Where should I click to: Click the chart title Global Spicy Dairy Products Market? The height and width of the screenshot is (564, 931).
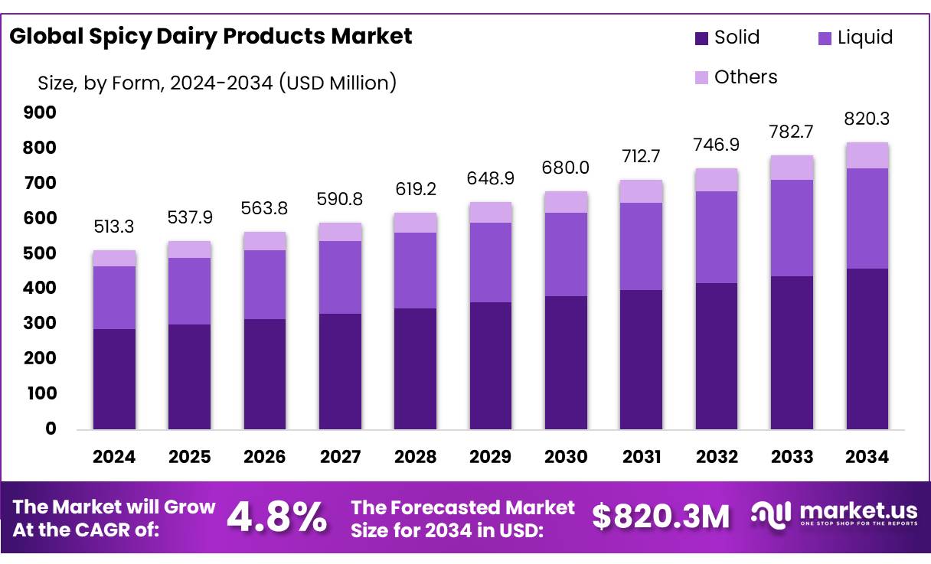(211, 37)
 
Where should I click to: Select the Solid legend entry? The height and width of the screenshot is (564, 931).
(727, 37)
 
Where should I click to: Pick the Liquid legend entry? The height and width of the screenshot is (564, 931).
(854, 37)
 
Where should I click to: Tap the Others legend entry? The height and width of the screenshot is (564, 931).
(735, 77)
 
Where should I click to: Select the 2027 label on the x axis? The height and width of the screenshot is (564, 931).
(340, 458)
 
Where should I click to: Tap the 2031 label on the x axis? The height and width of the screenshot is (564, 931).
(642, 458)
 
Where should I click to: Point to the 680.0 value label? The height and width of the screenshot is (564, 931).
(566, 167)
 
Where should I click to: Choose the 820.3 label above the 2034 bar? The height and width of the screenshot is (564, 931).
(867, 119)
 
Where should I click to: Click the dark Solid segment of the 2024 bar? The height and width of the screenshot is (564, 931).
(114, 379)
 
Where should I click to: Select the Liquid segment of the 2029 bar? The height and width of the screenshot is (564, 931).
(491, 262)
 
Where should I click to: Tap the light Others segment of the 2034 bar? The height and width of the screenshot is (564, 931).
(867, 155)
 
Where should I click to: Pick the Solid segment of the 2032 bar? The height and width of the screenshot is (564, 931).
(717, 356)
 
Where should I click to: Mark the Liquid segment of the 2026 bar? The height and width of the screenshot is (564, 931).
(264, 285)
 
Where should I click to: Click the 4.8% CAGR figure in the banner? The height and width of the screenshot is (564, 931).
(277, 518)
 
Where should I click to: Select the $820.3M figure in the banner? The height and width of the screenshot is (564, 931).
(661, 518)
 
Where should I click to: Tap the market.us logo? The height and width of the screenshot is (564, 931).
(835, 515)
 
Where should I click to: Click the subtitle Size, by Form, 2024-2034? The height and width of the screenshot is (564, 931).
(217, 82)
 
